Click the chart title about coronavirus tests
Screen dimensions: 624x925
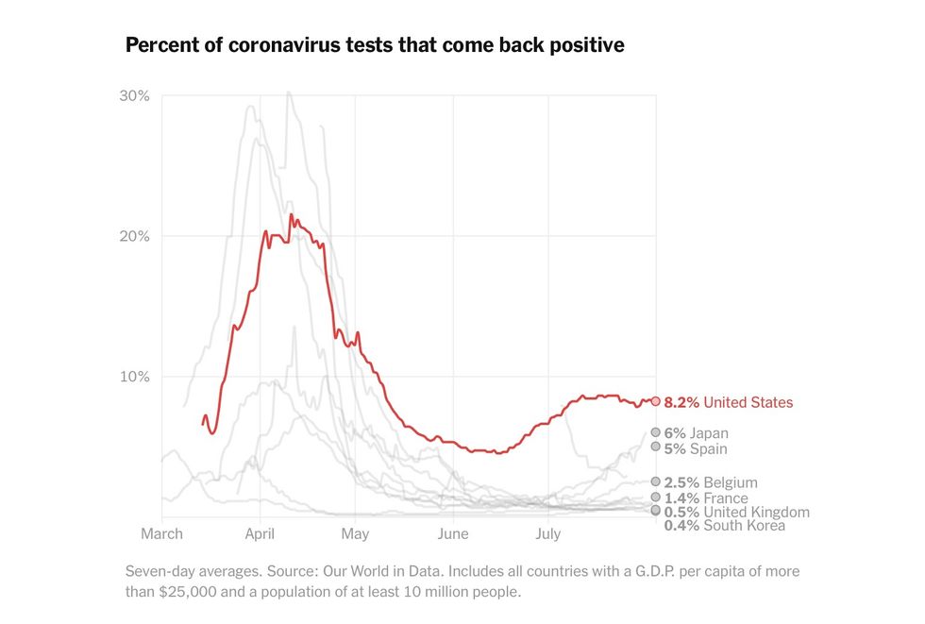coord(375,45)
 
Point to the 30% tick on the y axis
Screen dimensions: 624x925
coord(134,96)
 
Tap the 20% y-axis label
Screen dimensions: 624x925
coord(134,236)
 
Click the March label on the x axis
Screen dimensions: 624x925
coord(161,534)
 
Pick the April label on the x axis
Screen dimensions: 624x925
coord(260,534)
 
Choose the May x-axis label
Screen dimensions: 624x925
coord(355,534)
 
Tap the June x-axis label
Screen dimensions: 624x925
coord(453,534)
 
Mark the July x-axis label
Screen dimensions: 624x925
coord(548,534)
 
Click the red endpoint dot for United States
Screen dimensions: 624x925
coord(656,401)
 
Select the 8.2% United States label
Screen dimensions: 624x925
coord(729,403)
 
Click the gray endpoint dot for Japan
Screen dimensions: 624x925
coord(656,432)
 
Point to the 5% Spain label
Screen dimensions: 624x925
coord(696,449)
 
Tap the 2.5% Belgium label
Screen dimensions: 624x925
coord(711,483)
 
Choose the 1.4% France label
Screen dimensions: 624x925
coord(706,498)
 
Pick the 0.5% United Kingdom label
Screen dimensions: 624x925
coord(736,513)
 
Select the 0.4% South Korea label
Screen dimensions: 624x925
coord(724,526)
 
